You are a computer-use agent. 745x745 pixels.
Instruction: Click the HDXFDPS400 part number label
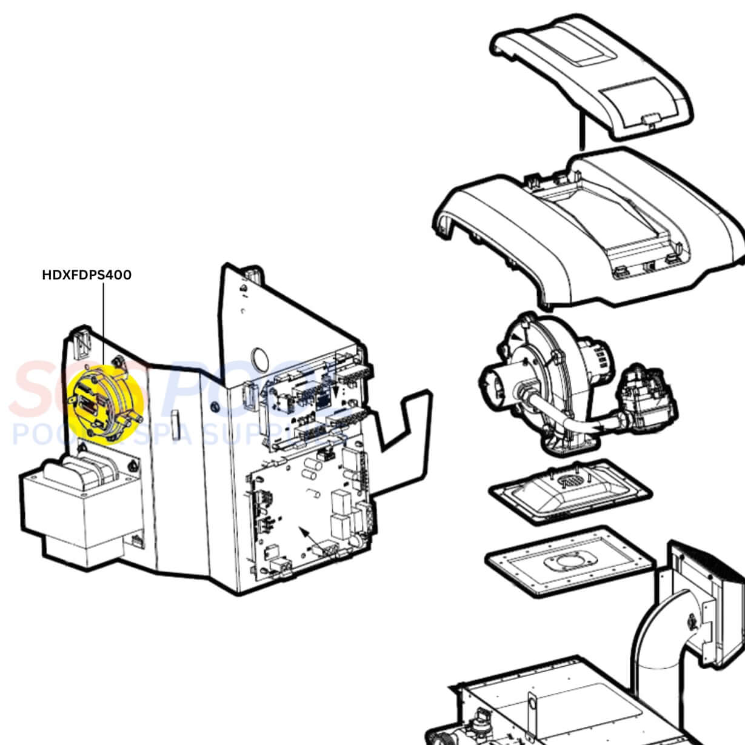point(87,275)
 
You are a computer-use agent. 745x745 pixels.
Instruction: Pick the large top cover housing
point(588,230)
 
